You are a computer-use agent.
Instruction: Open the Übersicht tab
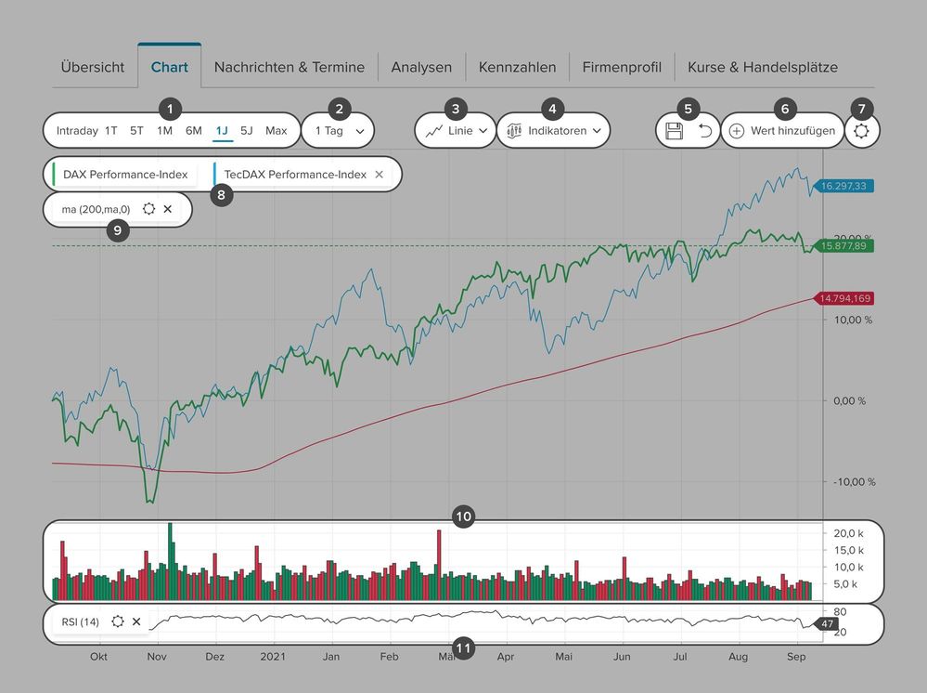(93, 67)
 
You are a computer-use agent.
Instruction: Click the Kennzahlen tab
(517, 67)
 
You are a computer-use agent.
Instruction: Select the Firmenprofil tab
(622, 67)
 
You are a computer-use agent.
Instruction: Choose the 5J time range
(246, 131)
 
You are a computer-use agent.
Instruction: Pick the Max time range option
(277, 131)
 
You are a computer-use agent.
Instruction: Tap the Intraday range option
(77, 131)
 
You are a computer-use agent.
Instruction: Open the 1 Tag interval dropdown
(339, 131)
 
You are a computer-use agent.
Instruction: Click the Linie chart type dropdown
(456, 131)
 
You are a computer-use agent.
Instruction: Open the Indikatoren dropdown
(554, 131)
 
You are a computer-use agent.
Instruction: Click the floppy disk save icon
(675, 131)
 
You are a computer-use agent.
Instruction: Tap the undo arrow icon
(705, 131)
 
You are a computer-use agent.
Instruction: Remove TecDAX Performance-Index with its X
(379, 175)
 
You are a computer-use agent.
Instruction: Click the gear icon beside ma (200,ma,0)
(148, 209)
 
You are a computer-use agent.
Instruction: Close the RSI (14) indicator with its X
(136, 621)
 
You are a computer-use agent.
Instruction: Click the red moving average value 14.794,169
(846, 298)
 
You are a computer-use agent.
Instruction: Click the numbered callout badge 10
(463, 516)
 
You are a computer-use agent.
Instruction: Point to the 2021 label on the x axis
(274, 656)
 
